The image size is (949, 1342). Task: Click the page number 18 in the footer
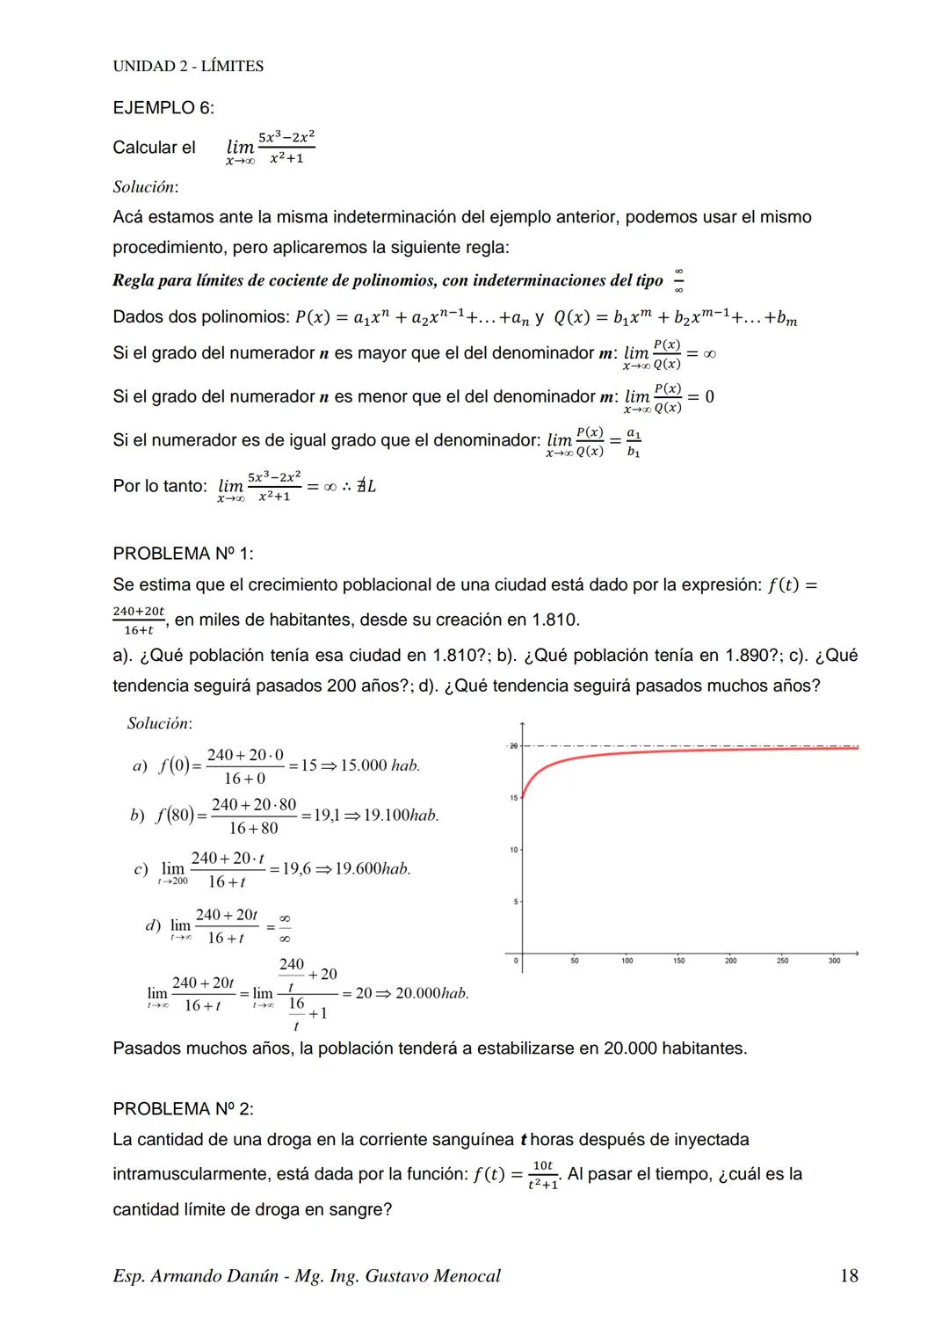(848, 1276)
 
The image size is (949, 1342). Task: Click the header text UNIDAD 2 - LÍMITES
(188, 66)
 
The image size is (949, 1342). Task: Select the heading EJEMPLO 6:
(163, 108)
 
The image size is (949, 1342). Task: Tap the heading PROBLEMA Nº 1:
(183, 554)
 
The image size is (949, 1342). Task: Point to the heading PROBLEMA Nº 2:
(183, 1109)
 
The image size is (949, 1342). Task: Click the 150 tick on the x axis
(678, 961)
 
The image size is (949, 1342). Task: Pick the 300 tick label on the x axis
(834, 961)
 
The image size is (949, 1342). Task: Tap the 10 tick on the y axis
(514, 850)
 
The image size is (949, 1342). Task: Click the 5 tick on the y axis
(516, 902)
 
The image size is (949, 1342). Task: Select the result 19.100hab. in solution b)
(401, 816)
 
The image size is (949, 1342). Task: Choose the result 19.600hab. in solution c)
(373, 869)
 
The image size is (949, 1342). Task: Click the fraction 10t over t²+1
(543, 1175)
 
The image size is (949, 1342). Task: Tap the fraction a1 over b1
(634, 443)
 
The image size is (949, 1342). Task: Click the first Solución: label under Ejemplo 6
(145, 186)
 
